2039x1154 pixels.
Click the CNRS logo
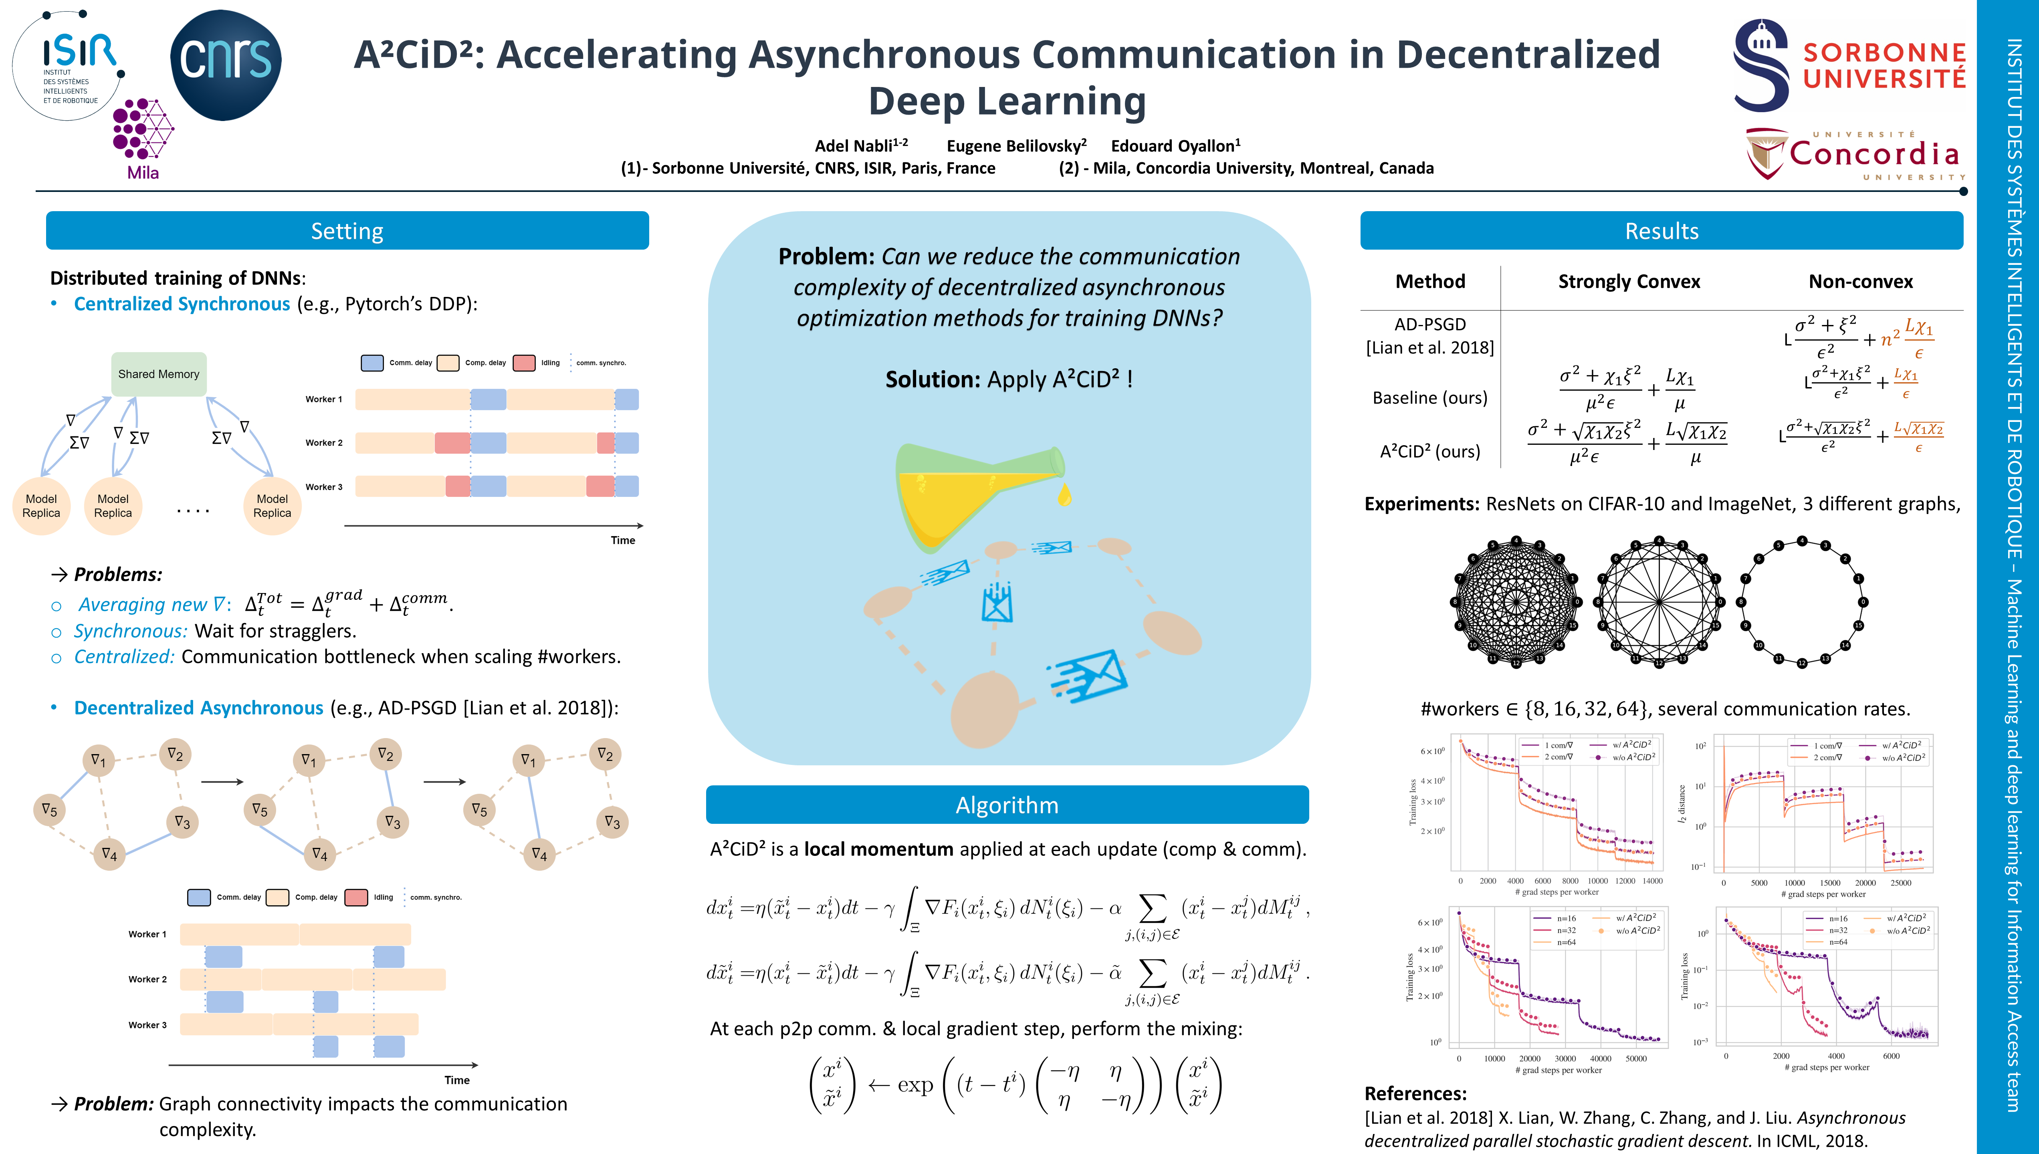(226, 65)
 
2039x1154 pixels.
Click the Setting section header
(347, 231)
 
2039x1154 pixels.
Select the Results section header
(1661, 231)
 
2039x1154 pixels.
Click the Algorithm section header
(1006, 805)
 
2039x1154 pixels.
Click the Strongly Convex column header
(1629, 281)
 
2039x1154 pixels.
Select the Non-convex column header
(1860, 281)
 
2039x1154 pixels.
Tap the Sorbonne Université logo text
(1884, 66)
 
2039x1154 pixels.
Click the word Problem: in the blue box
(826, 257)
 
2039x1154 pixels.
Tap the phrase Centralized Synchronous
(182, 305)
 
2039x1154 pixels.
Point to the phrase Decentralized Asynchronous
(198, 708)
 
